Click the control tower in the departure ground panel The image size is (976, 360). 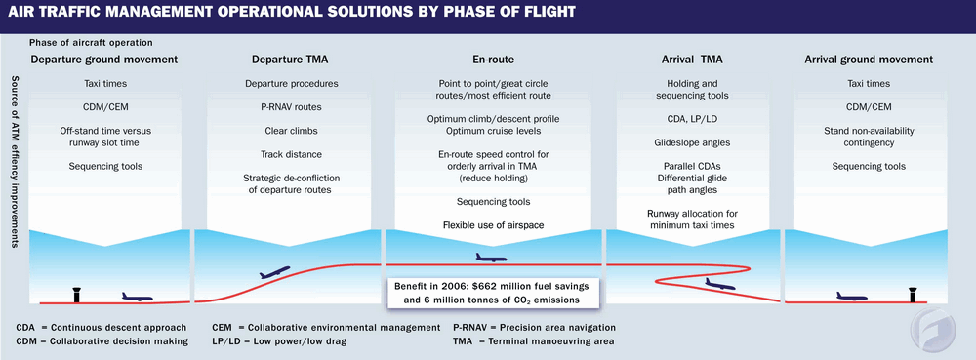77,294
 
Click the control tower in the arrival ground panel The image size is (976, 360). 914,294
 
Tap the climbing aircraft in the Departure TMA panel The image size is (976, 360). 274,272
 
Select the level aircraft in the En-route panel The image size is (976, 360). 492,257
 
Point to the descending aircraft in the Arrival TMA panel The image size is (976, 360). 720,284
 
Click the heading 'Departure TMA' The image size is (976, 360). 290,60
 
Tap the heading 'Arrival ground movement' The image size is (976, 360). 869,60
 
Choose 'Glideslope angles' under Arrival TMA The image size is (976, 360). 693,142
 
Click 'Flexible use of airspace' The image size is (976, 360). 494,225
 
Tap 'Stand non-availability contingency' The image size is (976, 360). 869,137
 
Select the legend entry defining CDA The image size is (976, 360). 102,328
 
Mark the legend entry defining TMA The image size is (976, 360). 534,341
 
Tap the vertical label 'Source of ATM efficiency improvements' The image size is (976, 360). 13,162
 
